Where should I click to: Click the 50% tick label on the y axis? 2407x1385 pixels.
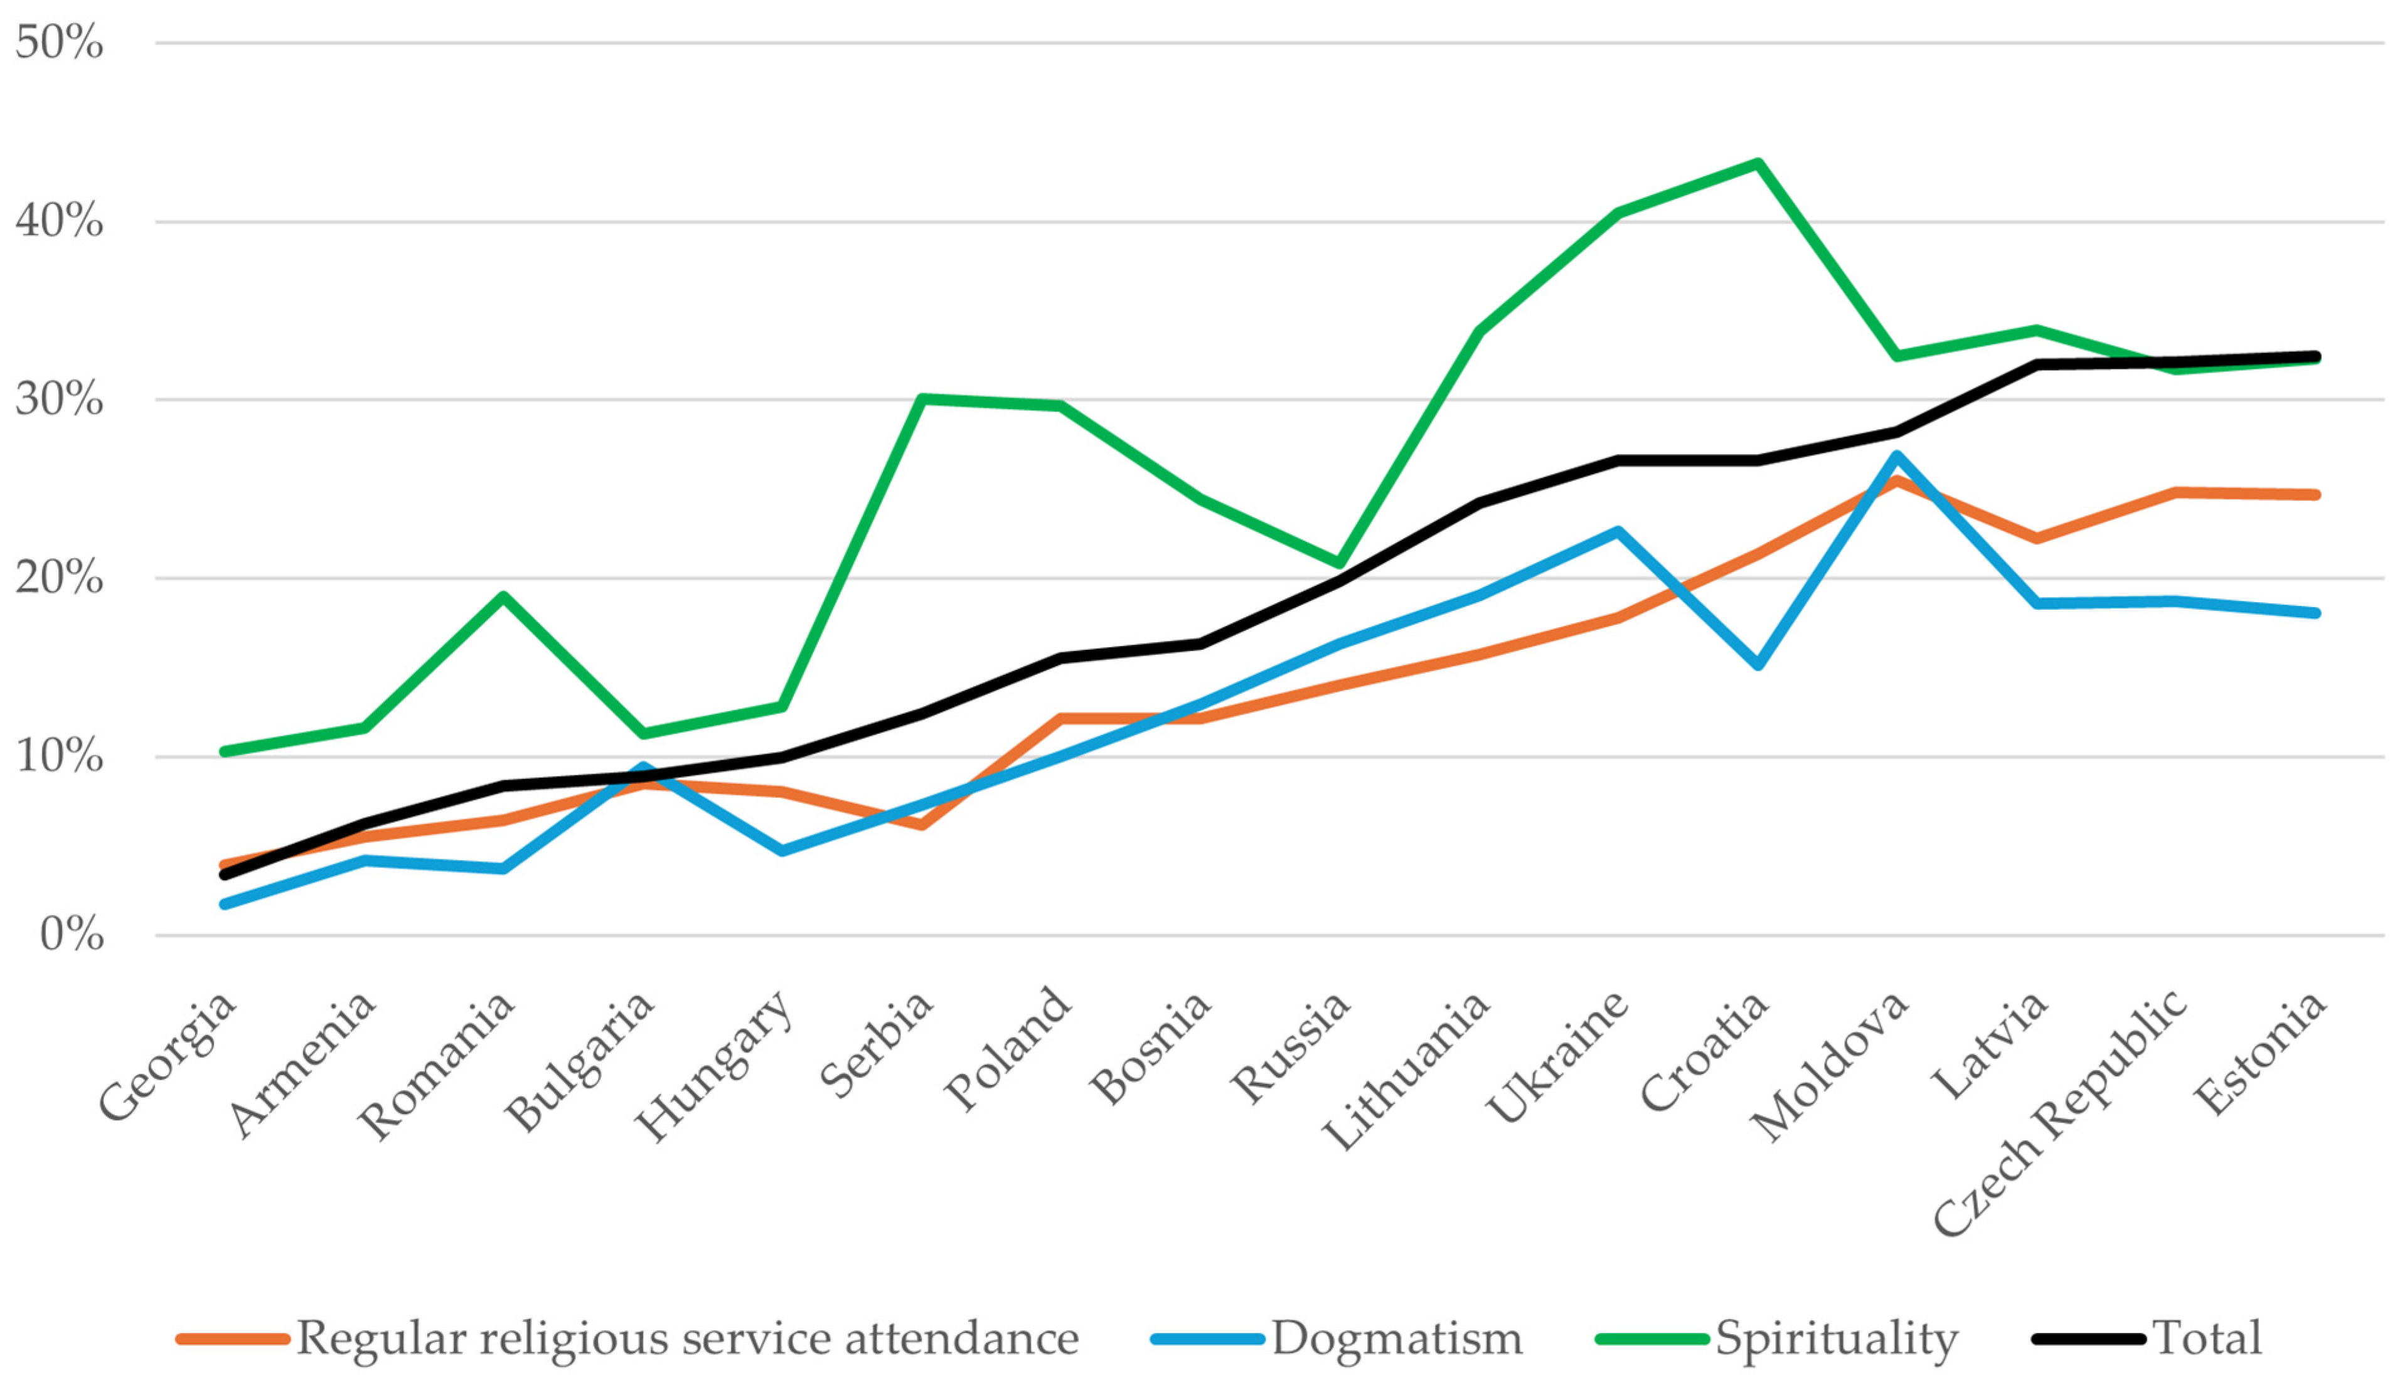59,43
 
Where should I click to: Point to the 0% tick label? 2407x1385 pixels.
72,935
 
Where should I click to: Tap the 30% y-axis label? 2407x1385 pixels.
59,400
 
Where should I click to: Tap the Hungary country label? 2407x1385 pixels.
713,1065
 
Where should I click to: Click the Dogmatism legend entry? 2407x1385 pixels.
1397,1339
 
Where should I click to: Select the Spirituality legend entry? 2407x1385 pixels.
1836,1339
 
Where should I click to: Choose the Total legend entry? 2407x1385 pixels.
2206,1339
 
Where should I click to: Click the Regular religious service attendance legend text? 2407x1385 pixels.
687,1339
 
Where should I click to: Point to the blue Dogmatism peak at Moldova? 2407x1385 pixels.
1897,455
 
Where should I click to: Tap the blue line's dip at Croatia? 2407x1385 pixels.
1758,665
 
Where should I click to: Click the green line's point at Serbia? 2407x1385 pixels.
922,398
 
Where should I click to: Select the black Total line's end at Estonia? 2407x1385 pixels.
2315,357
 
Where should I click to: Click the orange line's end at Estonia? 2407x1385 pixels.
2315,495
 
